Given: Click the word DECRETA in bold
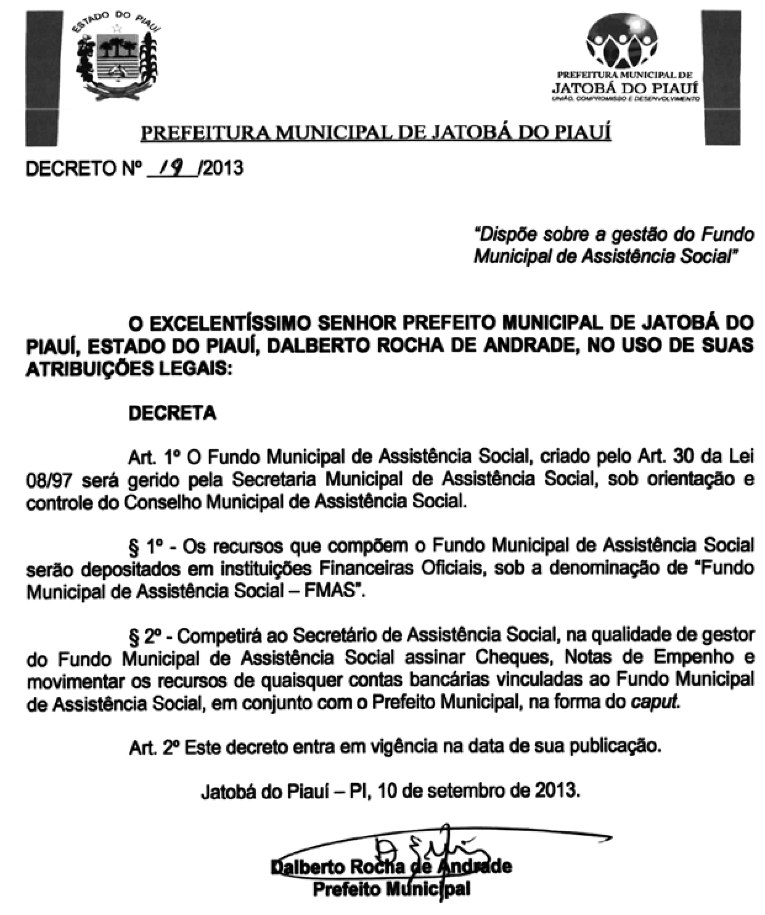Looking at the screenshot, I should tap(172, 413).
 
